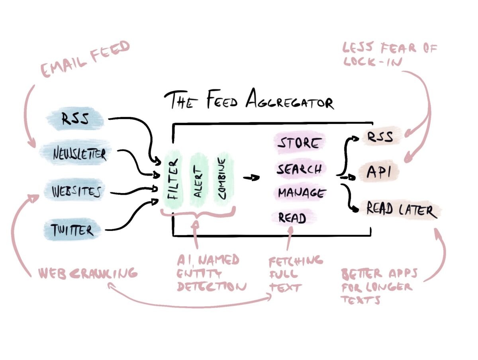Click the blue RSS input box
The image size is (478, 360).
tap(75, 118)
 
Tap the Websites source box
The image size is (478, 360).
tap(76, 192)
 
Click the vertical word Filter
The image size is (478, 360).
tap(172, 180)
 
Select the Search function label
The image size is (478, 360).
tap(300, 168)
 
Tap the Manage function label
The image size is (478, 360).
tap(301, 193)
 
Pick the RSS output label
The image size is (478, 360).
tap(378, 137)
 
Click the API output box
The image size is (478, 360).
tap(378, 172)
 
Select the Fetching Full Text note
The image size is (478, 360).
tap(295, 274)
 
